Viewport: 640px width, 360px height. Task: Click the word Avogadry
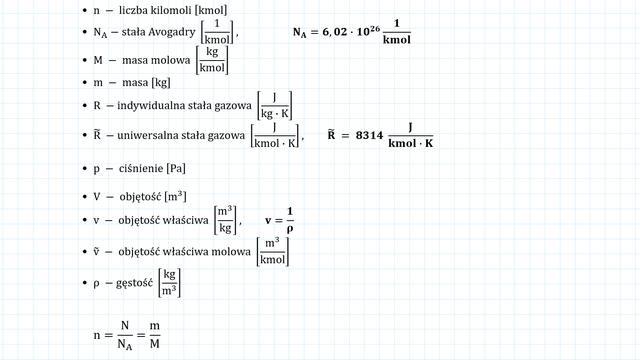tap(172, 32)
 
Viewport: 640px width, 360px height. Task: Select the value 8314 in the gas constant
tap(369, 136)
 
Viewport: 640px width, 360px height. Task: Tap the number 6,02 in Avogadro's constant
tap(335, 32)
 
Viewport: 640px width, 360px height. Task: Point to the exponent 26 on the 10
tap(375, 29)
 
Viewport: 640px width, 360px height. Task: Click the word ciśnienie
tap(141, 168)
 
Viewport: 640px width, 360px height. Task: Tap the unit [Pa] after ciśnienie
tap(176, 168)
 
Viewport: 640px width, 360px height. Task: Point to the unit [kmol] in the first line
tap(212, 10)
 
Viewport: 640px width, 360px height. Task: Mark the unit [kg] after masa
tap(161, 82)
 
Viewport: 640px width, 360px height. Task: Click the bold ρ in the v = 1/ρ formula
tap(290, 229)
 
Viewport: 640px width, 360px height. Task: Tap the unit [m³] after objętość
tap(175, 196)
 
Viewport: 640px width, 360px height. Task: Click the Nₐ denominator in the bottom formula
tap(125, 345)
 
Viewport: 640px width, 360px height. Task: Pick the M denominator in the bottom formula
tap(154, 344)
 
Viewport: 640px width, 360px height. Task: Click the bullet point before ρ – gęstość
tap(85, 283)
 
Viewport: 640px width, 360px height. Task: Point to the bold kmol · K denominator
tap(411, 143)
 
